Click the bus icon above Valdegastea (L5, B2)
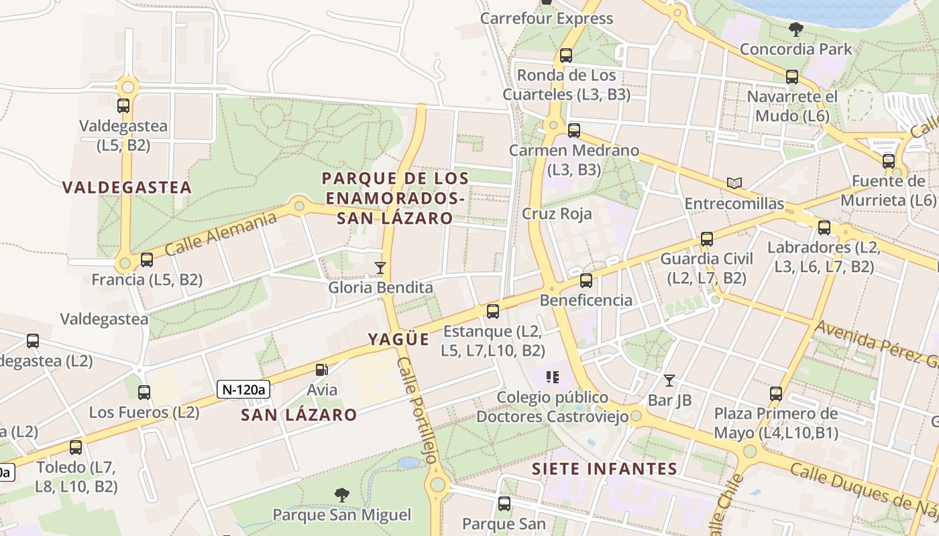coord(123,106)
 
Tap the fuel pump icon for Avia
coord(322,369)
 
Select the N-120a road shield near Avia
coord(243,389)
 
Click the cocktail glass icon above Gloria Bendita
coord(380,268)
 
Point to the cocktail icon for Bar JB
coord(669,381)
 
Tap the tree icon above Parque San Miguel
coord(342,495)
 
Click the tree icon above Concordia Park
coord(796,29)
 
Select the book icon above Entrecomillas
coord(735,183)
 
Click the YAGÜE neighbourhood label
coord(398,340)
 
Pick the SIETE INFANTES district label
coord(604,469)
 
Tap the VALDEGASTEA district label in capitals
coord(127,188)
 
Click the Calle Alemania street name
coord(221,234)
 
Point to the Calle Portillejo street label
coord(417,410)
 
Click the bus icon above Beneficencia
coord(586,281)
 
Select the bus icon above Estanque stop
coord(493,312)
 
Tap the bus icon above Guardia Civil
coord(706,239)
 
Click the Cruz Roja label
coord(557,214)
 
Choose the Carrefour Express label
coord(547,19)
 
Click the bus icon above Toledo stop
coord(76,447)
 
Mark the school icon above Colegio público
coord(553,377)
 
